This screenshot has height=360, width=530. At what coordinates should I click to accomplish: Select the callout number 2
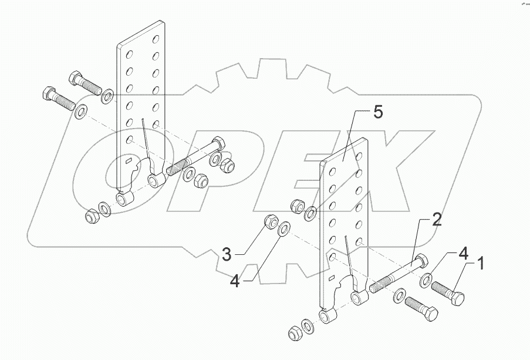click(x=437, y=220)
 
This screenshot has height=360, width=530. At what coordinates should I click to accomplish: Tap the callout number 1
click(x=480, y=263)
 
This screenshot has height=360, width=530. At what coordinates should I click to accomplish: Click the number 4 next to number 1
click(x=463, y=255)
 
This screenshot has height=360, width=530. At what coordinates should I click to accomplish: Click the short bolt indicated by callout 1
click(x=449, y=291)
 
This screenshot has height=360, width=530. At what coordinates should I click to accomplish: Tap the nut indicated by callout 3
click(x=271, y=221)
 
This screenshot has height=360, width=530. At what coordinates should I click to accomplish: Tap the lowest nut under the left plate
click(x=91, y=217)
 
